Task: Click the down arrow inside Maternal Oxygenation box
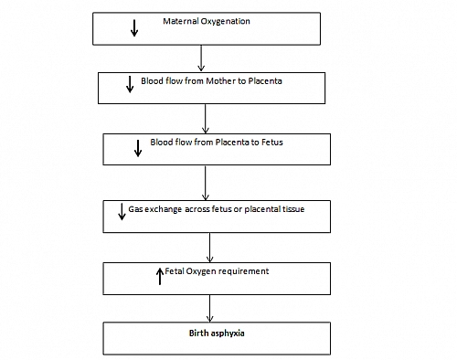134,26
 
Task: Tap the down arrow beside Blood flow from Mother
129,87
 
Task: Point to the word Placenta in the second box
268,80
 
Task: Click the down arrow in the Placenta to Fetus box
138,147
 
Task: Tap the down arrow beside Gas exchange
122,214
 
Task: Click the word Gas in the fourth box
135,209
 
